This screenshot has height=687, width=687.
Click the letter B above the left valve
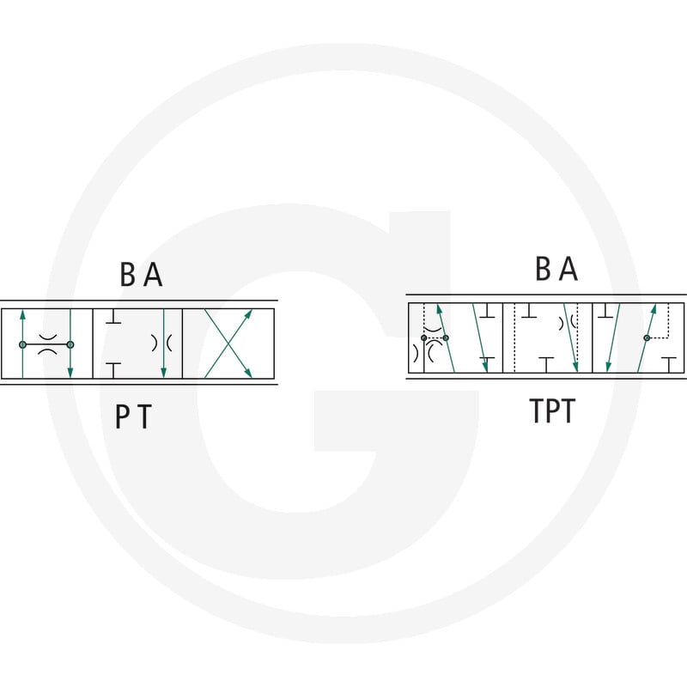pos(127,275)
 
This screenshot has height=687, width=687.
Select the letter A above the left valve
pos(154,275)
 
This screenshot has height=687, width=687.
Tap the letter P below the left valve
pos(122,416)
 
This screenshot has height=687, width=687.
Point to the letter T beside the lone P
pos(144,416)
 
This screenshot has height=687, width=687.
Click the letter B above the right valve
pos(543,268)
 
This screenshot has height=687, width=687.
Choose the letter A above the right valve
pos(568,268)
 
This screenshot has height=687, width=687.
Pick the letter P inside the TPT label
pos(552,411)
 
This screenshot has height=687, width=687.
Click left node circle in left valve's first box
pos(23,345)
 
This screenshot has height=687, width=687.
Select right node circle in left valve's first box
pos(70,345)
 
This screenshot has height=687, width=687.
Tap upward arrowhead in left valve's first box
pos(23,314)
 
